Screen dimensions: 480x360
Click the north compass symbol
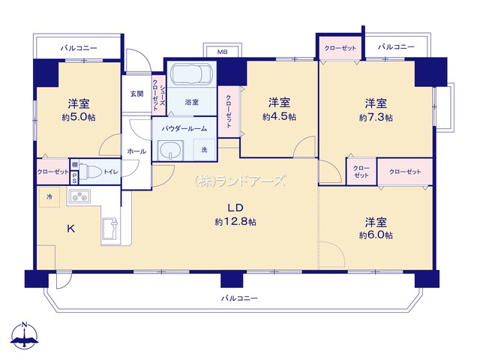click(24, 335)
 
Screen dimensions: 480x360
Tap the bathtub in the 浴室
click(192, 74)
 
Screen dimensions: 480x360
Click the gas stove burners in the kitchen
click(79, 196)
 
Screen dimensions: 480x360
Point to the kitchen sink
click(110, 228)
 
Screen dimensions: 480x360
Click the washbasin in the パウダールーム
click(170, 150)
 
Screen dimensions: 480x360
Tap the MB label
click(223, 52)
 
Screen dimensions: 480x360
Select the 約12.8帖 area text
click(235, 222)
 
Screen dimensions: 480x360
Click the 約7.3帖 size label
click(376, 118)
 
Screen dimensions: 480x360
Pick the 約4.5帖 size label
click(279, 117)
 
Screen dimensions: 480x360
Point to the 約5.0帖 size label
click(79, 117)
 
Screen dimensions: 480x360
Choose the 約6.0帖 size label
click(376, 235)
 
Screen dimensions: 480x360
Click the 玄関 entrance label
click(136, 94)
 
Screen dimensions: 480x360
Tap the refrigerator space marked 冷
click(49, 196)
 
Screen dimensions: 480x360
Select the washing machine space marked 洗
click(205, 150)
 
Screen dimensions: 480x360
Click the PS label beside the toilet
click(74, 178)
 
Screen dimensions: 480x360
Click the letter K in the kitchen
click(71, 228)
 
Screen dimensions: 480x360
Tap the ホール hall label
click(136, 151)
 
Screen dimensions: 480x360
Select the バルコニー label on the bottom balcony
click(239, 298)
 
